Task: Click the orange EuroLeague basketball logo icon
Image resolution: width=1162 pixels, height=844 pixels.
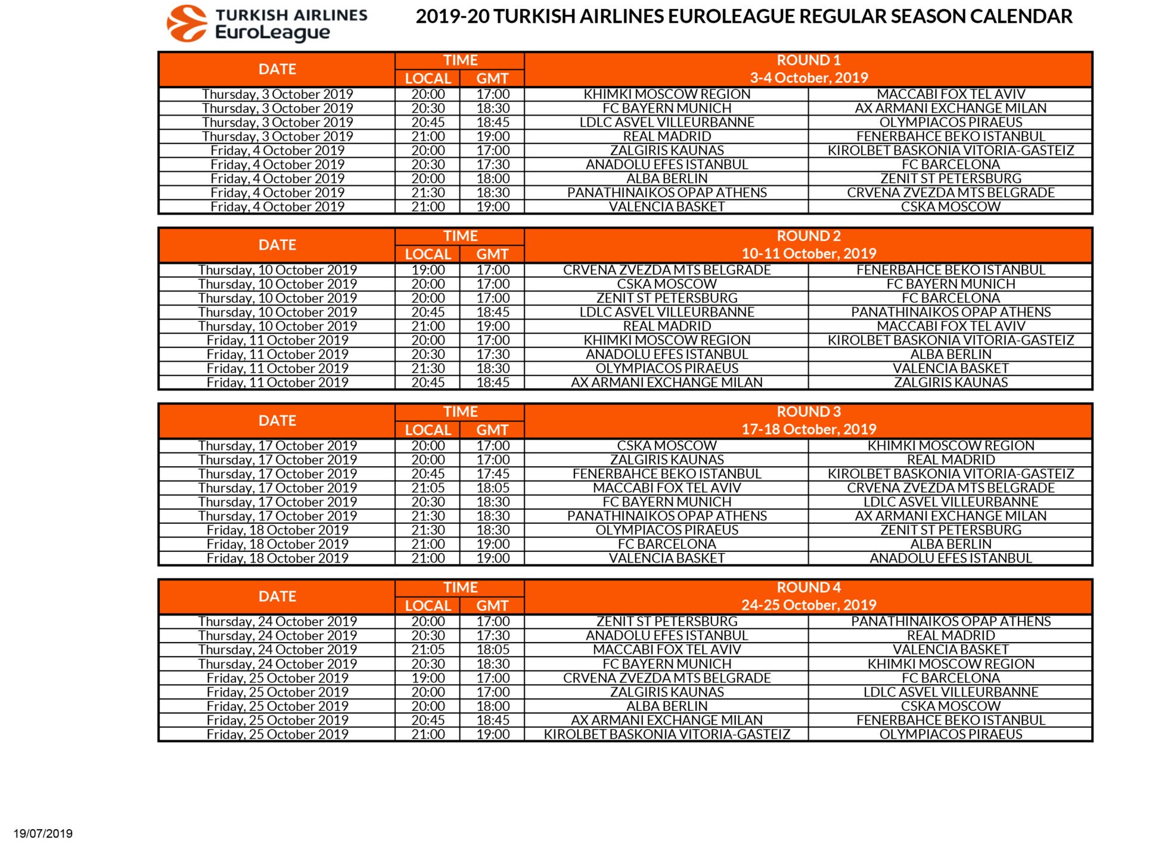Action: [187, 24]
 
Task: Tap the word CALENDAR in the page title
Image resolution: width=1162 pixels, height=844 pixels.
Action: [1021, 17]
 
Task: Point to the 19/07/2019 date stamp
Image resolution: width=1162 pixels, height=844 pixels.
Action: [43, 833]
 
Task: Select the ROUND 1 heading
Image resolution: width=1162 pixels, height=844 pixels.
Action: [808, 60]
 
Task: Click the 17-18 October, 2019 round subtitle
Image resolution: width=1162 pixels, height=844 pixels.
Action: [808, 429]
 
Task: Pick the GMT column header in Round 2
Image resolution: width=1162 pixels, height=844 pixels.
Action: [492, 254]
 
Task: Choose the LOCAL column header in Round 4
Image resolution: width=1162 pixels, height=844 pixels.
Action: [428, 606]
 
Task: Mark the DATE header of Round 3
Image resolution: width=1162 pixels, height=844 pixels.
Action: [277, 421]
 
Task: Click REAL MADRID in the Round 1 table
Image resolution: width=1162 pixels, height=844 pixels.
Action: [667, 136]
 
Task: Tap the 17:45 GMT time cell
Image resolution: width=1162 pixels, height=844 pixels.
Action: [493, 474]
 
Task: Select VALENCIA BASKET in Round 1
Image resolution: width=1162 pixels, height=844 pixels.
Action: [667, 207]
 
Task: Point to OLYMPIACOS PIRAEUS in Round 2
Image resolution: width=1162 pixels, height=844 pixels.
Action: [667, 368]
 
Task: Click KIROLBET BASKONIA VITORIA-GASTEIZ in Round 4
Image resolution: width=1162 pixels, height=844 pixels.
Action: [667, 734]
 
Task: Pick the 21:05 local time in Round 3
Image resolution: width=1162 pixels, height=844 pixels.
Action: [428, 488]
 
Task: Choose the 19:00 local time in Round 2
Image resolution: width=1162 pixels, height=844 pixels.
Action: [428, 270]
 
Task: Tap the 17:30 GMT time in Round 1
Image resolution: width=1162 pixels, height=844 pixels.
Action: [493, 165]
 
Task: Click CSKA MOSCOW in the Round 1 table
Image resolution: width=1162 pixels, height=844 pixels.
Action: [950, 207]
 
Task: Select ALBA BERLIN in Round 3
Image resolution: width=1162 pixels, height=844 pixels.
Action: [950, 544]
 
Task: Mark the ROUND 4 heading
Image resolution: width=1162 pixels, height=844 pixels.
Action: [808, 588]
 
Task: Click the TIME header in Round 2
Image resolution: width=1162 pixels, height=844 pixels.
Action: [460, 236]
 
